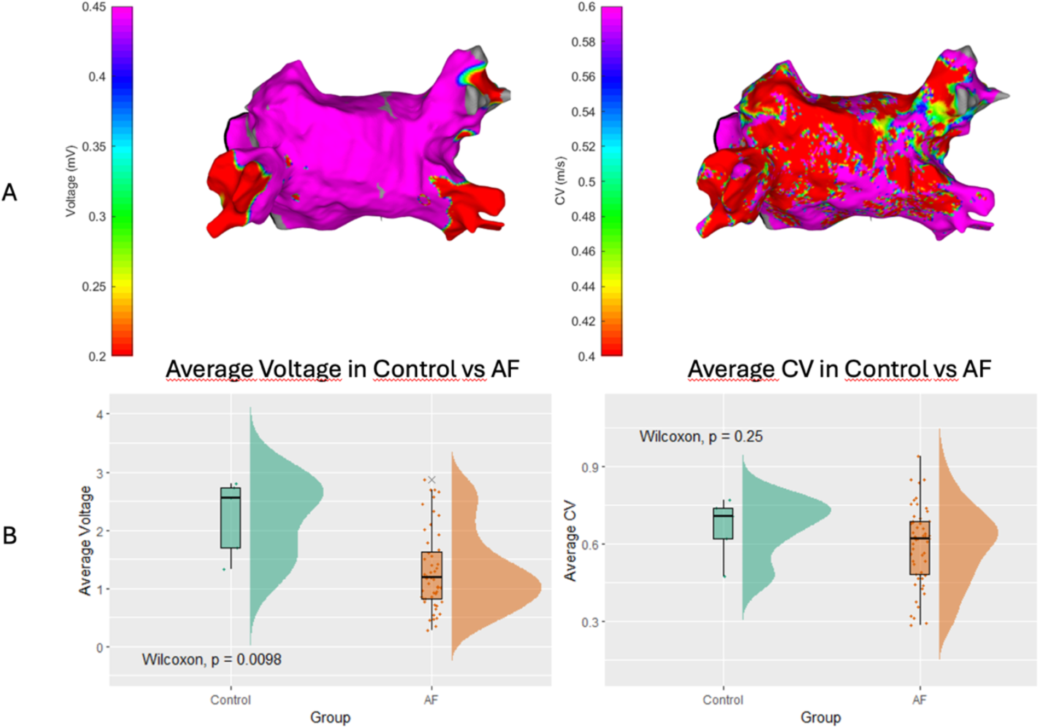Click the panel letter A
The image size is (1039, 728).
[x=9, y=193]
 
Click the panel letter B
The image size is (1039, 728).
[x=9, y=535]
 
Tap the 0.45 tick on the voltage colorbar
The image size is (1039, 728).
[x=94, y=7]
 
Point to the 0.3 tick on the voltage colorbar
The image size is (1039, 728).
[x=97, y=217]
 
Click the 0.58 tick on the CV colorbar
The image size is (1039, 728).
[x=583, y=42]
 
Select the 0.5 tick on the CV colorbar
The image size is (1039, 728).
[x=587, y=182]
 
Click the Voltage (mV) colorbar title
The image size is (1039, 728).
[x=71, y=181]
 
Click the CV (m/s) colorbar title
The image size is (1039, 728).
[x=560, y=181]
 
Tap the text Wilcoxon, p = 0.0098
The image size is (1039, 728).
[x=212, y=660]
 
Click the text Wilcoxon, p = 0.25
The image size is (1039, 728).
[x=701, y=437]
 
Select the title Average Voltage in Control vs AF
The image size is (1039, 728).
[x=342, y=369]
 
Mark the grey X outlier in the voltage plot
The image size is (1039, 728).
[x=431, y=480]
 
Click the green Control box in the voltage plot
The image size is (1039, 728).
[x=230, y=518]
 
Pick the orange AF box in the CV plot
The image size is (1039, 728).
[x=919, y=547]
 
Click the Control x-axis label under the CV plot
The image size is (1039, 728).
[x=722, y=700]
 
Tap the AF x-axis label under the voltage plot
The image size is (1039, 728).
[x=431, y=700]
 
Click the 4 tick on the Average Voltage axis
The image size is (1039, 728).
[x=100, y=415]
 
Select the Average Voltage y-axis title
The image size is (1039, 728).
[x=85, y=540]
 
